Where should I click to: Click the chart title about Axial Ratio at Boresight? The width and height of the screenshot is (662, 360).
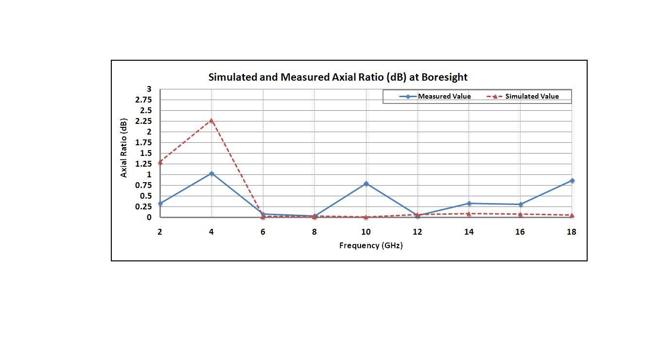(338, 77)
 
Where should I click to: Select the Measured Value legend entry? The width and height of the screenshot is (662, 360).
(444, 96)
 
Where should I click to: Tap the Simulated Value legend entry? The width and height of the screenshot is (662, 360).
(532, 96)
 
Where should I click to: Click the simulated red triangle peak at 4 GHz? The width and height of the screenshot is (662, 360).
(211, 120)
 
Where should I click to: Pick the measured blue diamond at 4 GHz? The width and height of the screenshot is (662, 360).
(211, 173)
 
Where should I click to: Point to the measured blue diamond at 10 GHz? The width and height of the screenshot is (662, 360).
(366, 184)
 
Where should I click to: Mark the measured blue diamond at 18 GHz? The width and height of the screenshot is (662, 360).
(572, 181)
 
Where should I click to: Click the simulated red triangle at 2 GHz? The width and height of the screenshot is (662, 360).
(160, 162)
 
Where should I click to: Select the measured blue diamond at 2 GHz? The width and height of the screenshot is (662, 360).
(160, 204)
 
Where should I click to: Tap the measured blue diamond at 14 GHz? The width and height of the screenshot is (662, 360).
(469, 204)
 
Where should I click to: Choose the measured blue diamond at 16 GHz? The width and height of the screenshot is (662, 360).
(520, 205)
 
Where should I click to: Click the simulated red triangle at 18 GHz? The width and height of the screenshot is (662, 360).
(572, 215)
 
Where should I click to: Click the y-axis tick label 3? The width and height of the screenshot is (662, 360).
(149, 89)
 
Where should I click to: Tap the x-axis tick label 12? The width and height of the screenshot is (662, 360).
(417, 232)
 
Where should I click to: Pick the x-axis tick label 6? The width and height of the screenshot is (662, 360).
(263, 232)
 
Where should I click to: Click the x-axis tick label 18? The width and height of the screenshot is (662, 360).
(571, 232)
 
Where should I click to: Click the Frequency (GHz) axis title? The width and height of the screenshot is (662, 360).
(371, 245)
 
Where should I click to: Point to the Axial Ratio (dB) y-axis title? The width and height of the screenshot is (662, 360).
(124, 148)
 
